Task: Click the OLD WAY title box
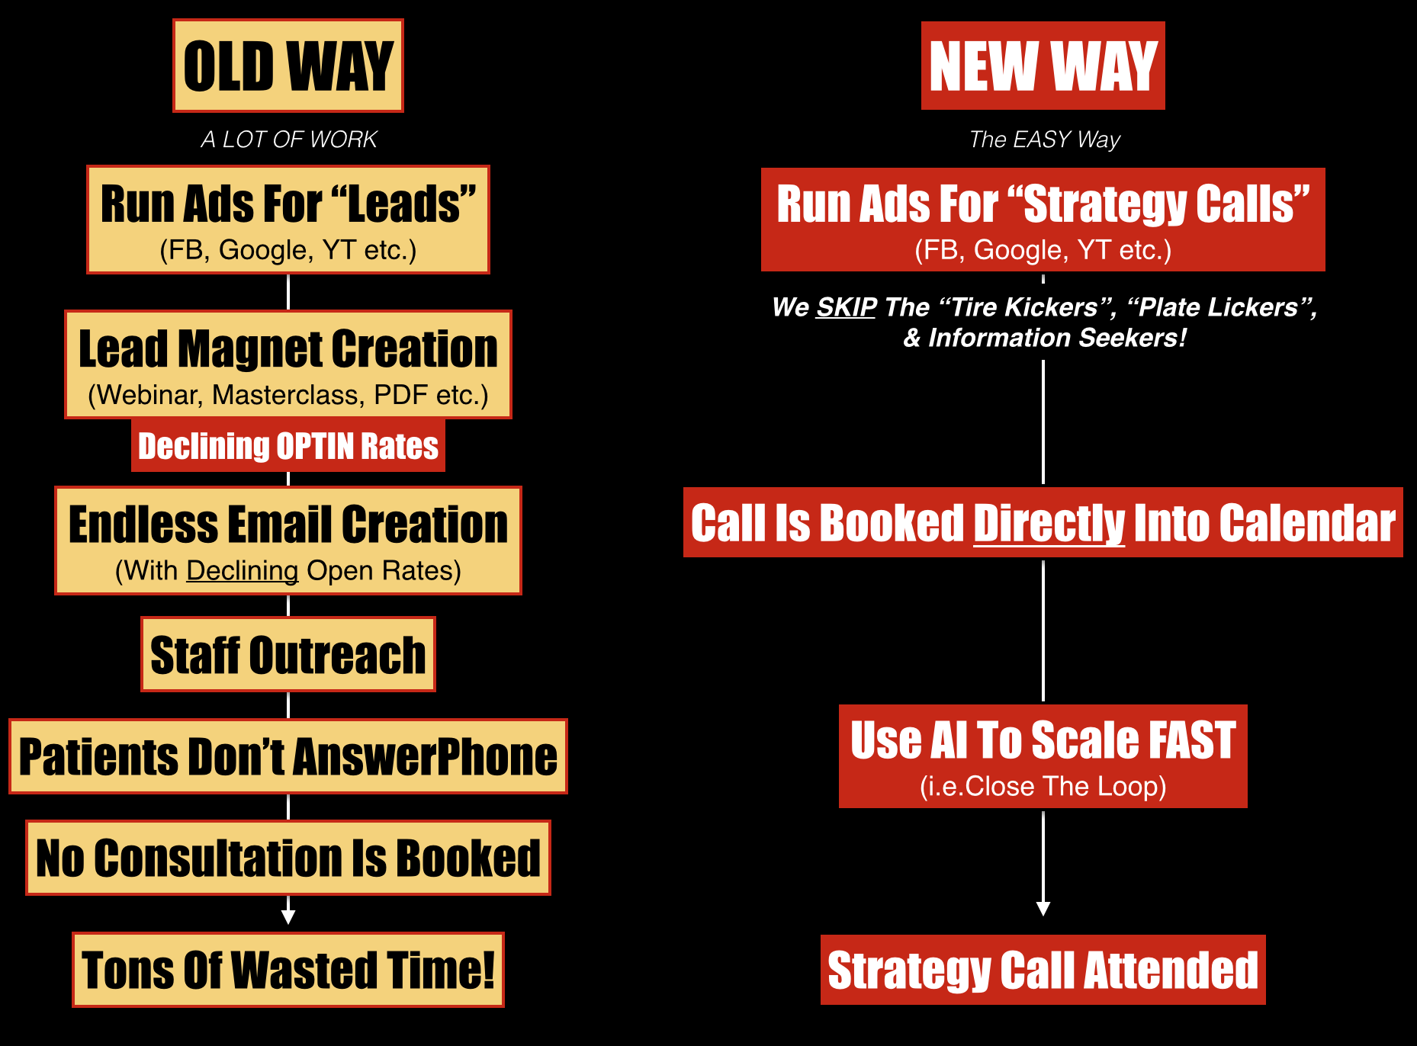(288, 66)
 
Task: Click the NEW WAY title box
(1043, 66)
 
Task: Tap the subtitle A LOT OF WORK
(289, 140)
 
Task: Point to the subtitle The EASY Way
(1045, 140)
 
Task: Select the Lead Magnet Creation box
(288, 364)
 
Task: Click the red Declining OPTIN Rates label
(288, 446)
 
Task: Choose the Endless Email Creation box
(288, 541)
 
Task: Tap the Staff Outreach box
(288, 654)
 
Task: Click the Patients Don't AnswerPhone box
(288, 756)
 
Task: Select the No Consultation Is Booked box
(288, 858)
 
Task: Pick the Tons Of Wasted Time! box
(288, 970)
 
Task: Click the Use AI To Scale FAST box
(1043, 756)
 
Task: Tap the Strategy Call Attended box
(1043, 970)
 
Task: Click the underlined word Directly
(1049, 525)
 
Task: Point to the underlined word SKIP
(847, 307)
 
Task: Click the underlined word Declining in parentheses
(243, 571)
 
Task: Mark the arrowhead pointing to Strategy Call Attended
(1043, 909)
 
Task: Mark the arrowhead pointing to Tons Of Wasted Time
(288, 917)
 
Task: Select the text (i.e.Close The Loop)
(1043, 786)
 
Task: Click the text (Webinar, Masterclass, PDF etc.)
(288, 395)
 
